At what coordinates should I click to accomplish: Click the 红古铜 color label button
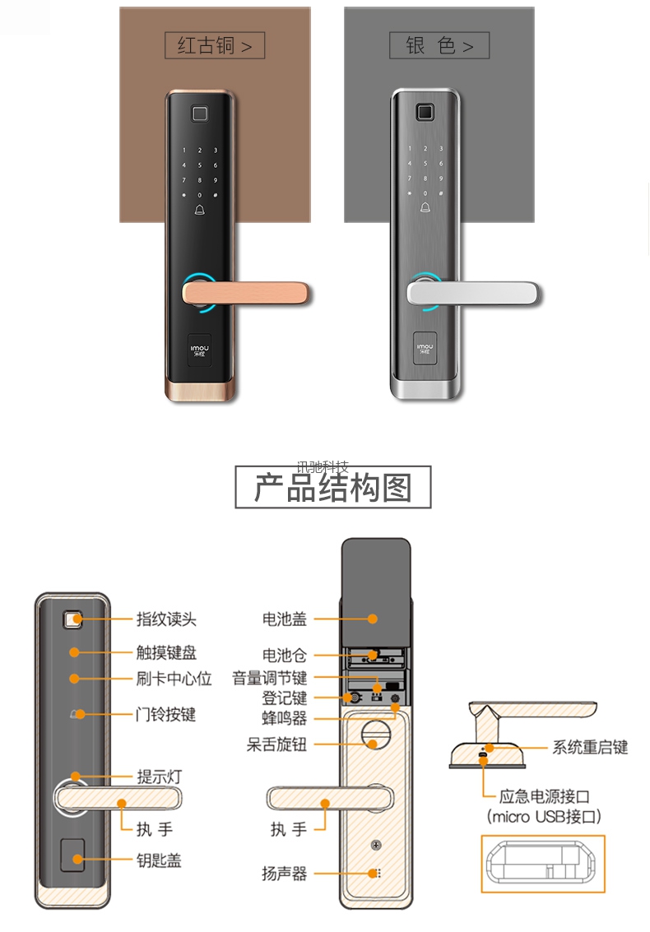(215, 45)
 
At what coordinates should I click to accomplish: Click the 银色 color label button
(439, 45)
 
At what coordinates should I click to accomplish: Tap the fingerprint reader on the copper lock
(200, 114)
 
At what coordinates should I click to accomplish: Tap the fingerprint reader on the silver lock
(425, 112)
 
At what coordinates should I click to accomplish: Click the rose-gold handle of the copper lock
(246, 293)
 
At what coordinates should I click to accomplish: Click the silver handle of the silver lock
(472, 293)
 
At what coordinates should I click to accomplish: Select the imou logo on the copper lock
(199, 350)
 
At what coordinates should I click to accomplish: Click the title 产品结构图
(333, 487)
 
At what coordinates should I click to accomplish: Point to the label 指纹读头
(166, 619)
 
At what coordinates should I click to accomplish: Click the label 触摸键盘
(166, 652)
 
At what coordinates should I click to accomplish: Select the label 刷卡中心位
(174, 679)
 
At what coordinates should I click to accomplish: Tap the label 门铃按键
(166, 715)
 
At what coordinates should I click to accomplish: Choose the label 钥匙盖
(159, 860)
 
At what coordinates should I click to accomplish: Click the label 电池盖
(285, 619)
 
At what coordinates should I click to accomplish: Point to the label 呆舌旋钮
(277, 744)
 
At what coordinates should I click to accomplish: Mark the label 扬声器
(285, 874)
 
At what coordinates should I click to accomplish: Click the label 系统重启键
(591, 747)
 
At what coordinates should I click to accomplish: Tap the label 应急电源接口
(545, 796)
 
